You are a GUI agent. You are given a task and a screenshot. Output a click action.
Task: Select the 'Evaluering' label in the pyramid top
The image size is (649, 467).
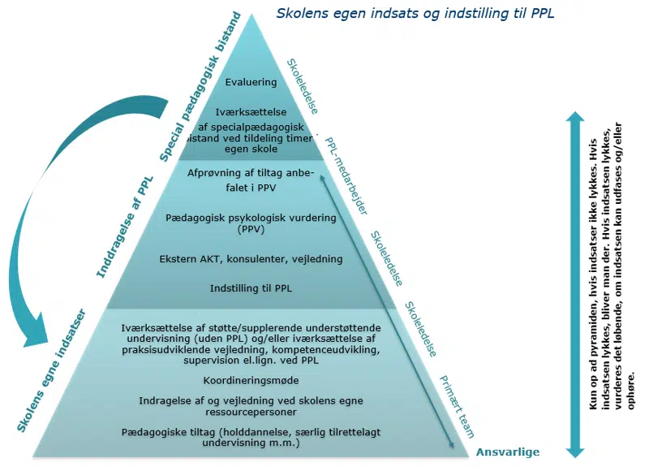click(x=251, y=82)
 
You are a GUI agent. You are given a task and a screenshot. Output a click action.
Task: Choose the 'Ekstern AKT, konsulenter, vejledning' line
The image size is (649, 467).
click(x=251, y=259)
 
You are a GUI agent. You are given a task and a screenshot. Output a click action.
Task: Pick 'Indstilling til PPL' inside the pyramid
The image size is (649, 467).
click(x=251, y=288)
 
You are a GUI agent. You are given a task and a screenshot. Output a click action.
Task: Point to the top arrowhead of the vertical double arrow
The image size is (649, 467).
click(x=574, y=119)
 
